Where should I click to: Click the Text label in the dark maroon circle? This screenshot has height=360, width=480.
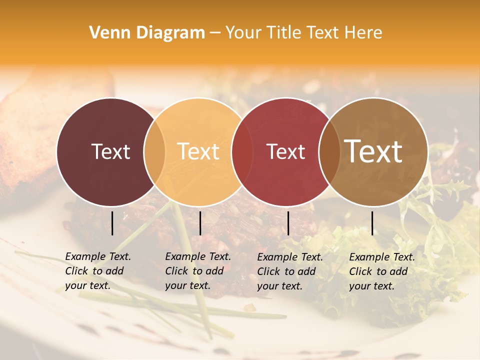[110, 151]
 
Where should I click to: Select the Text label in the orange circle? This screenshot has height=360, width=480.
[198, 151]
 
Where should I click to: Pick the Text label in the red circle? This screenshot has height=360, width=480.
[285, 151]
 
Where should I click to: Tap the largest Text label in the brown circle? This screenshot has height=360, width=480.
[373, 151]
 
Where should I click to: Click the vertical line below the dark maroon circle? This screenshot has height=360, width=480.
[112, 223]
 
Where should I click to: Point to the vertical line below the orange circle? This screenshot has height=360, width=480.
[200, 223]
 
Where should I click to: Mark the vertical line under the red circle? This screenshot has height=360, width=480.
[288, 223]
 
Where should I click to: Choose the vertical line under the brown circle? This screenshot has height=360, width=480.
[372, 223]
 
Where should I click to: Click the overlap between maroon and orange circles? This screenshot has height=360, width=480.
[154, 151]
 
